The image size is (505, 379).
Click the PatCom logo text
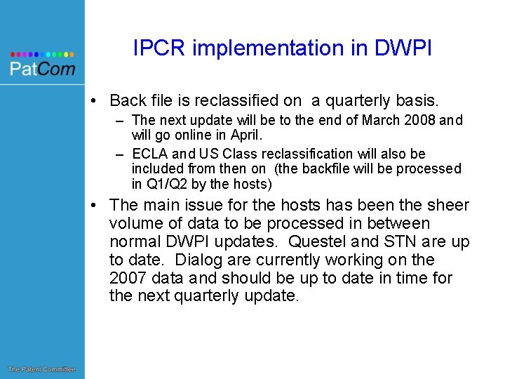coord(42,68)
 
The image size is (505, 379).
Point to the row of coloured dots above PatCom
coord(42,53)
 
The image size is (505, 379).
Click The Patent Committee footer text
coord(41,369)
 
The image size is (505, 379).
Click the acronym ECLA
coord(149,154)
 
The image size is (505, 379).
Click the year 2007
coord(128,278)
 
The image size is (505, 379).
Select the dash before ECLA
coord(120,154)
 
